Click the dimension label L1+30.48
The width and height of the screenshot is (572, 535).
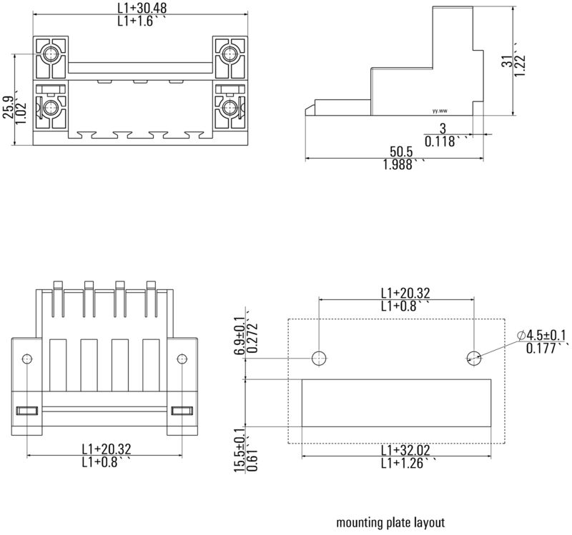tap(141, 9)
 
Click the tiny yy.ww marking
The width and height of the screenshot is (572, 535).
tap(440, 111)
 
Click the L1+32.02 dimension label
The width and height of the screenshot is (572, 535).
tap(405, 450)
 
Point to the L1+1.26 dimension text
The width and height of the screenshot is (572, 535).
tap(405, 464)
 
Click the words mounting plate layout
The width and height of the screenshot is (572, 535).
tap(390, 522)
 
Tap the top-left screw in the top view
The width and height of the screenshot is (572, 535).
tap(51, 54)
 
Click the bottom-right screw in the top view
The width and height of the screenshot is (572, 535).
tap(230, 108)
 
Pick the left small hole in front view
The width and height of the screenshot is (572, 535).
tap(27, 358)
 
